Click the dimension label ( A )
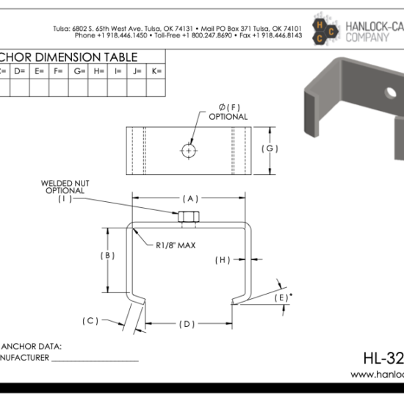pos(190,198)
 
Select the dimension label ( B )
pos(107,256)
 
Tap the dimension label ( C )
pos(90,320)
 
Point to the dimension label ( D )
pos(188,323)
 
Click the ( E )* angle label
pos(281,297)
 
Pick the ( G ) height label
pos(270,149)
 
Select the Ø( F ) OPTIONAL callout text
pos(228,112)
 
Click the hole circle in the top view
pos(189,150)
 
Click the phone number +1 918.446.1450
pos(109,35)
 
